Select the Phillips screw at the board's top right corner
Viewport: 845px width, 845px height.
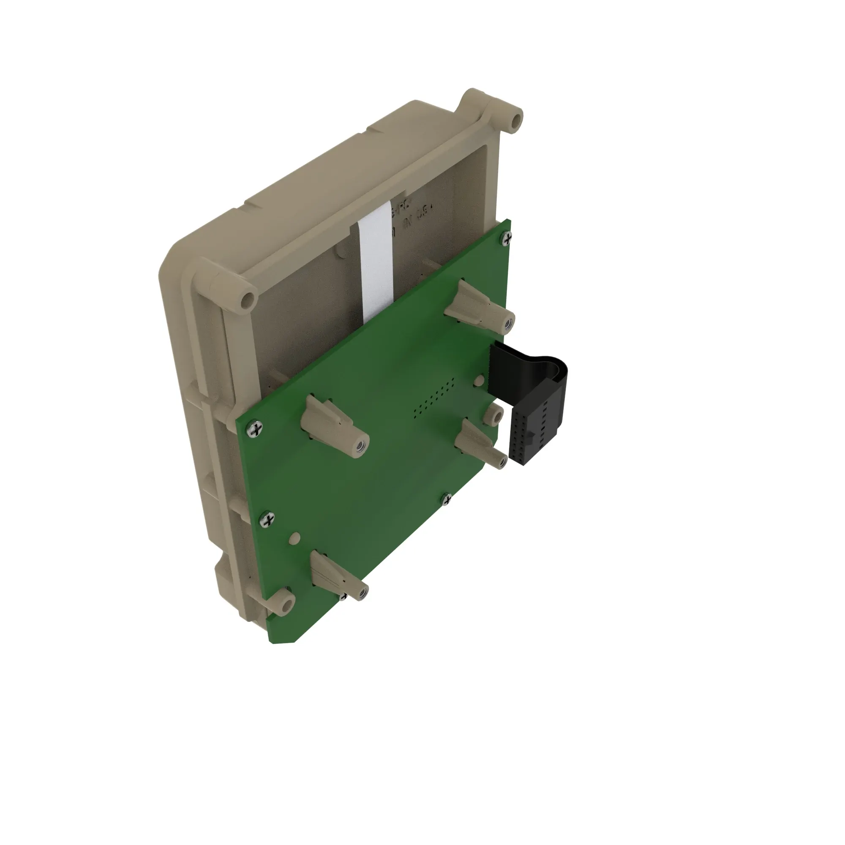point(507,237)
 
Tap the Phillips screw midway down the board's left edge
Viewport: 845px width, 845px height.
point(266,520)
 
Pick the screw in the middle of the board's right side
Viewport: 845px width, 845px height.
point(447,499)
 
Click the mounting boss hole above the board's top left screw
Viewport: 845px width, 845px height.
point(248,300)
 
